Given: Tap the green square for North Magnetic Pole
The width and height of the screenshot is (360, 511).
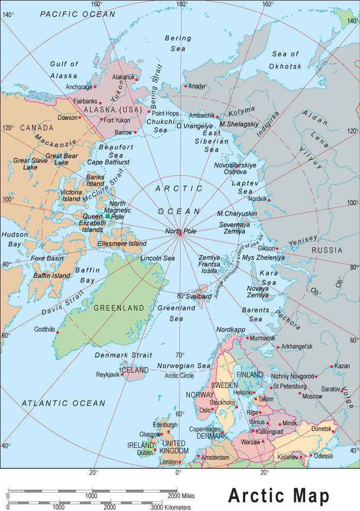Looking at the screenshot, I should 108,216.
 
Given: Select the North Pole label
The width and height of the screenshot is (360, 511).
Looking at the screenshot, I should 181,231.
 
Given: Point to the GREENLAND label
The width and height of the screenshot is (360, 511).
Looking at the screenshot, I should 119,308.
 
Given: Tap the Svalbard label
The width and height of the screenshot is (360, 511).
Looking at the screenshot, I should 199,296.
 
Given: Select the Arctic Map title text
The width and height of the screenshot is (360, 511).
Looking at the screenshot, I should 279,495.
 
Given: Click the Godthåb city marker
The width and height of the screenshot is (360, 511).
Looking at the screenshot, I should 57,333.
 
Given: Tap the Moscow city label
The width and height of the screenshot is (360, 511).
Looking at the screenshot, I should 311,396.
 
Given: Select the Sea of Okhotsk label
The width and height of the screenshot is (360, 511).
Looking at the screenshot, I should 286,60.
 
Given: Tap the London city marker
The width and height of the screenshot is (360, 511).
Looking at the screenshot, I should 179,462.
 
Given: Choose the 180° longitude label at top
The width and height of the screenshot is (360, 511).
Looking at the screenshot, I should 182,4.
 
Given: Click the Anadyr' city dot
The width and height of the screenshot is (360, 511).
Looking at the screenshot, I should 186,86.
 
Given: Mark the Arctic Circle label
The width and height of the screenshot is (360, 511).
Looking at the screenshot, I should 179,375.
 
